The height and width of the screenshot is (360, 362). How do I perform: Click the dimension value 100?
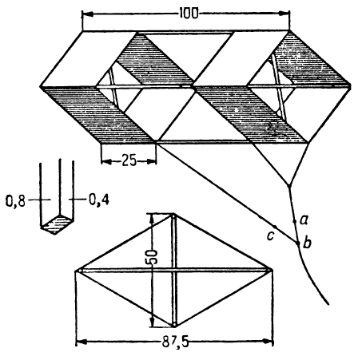point(189,14)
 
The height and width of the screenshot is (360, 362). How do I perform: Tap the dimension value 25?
point(129,160)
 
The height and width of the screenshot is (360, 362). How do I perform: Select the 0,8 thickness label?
point(15,201)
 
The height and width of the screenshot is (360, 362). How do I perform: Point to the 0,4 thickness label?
point(99,200)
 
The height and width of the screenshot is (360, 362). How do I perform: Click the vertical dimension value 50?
point(152,256)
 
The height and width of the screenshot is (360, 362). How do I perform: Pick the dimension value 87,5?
point(175,342)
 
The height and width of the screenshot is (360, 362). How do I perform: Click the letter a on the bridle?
point(304,220)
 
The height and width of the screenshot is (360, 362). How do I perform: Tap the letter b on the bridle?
point(307,243)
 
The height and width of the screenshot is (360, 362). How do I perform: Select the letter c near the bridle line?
point(270,236)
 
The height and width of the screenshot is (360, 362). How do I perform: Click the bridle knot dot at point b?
point(298,243)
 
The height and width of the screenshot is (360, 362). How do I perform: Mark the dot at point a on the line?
point(294,221)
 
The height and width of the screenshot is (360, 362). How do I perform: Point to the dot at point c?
point(275,227)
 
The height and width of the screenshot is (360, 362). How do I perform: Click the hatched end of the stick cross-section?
point(57,224)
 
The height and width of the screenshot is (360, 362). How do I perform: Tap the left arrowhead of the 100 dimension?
point(88,14)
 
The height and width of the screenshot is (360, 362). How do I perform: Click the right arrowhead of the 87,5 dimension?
point(269,342)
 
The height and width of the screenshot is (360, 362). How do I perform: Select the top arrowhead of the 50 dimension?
point(152,218)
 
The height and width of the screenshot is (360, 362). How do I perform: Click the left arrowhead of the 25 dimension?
point(106,161)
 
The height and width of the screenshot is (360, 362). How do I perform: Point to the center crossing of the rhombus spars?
point(174,271)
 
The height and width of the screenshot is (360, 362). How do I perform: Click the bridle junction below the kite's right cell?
point(289,184)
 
